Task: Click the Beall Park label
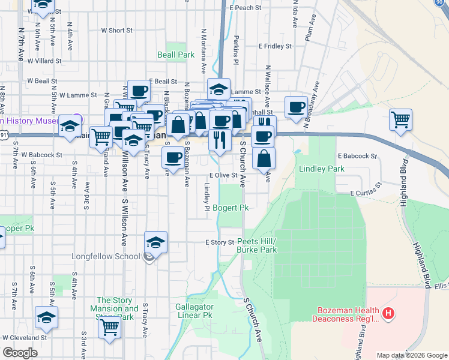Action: click(x=176, y=55)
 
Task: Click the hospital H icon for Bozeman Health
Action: click(x=389, y=313)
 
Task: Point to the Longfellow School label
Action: click(x=115, y=256)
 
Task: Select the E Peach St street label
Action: click(x=246, y=8)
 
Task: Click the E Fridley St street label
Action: click(x=274, y=46)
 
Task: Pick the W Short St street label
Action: click(x=116, y=30)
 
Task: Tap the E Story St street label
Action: click(x=218, y=242)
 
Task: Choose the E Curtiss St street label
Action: click(x=366, y=192)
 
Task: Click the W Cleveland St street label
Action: click(x=25, y=338)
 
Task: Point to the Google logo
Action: click(x=20, y=352)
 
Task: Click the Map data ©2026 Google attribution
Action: click(x=411, y=355)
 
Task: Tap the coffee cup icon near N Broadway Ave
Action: click(x=296, y=106)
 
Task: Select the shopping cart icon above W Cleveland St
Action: click(x=110, y=327)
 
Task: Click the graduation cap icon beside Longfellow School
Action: click(x=156, y=242)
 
